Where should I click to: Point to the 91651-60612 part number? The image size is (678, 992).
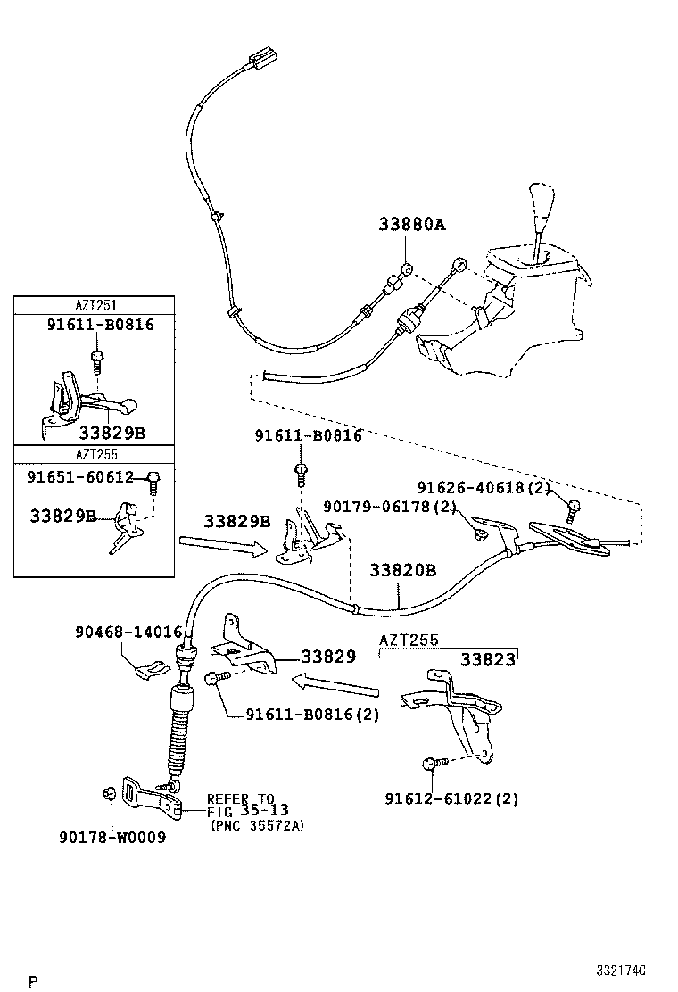coord(79,477)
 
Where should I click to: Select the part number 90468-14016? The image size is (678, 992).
coord(128,632)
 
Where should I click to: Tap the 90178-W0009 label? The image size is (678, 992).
coord(112,838)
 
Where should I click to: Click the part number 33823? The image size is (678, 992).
coord(488,660)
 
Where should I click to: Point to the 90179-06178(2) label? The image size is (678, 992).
coord(391,507)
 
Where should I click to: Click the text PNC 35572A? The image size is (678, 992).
coord(258,826)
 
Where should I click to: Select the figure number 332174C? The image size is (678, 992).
coord(622,970)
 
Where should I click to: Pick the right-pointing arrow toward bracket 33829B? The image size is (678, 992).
coord(222,545)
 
